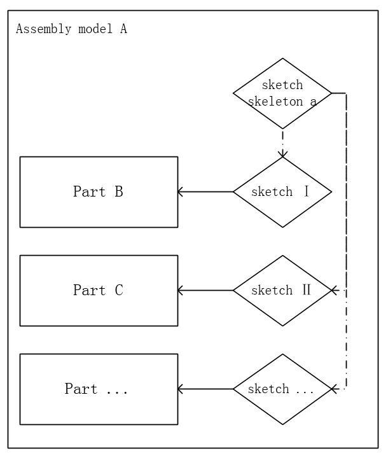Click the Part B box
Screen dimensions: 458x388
pyautogui.click(x=99, y=191)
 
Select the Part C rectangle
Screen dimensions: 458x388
pyautogui.click(x=99, y=291)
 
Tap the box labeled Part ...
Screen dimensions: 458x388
pyautogui.click(x=99, y=389)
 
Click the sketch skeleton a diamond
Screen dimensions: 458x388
pyautogui.click(x=282, y=94)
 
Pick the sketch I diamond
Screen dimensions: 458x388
pyautogui.click(x=282, y=191)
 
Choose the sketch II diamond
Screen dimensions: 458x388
pyautogui.click(x=282, y=291)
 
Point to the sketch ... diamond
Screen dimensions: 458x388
pyautogui.click(x=282, y=389)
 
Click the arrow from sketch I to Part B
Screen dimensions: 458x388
pyautogui.click(x=205, y=191)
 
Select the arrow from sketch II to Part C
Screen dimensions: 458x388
pyautogui.click(x=205, y=291)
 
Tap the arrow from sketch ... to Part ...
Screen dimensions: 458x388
pyautogui.click(x=205, y=389)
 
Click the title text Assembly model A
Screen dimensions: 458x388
pyautogui.click(x=71, y=29)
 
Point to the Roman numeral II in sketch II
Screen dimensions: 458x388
pyautogui.click(x=306, y=291)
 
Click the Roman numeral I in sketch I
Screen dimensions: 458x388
pyautogui.click(x=306, y=191)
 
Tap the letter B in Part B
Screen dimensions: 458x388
pyautogui.click(x=118, y=191)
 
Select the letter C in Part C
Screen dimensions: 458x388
pyautogui.click(x=118, y=291)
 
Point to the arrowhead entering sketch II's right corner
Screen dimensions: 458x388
pyautogui.click(x=335, y=291)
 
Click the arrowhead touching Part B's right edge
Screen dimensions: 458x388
pyautogui.click(x=181, y=191)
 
